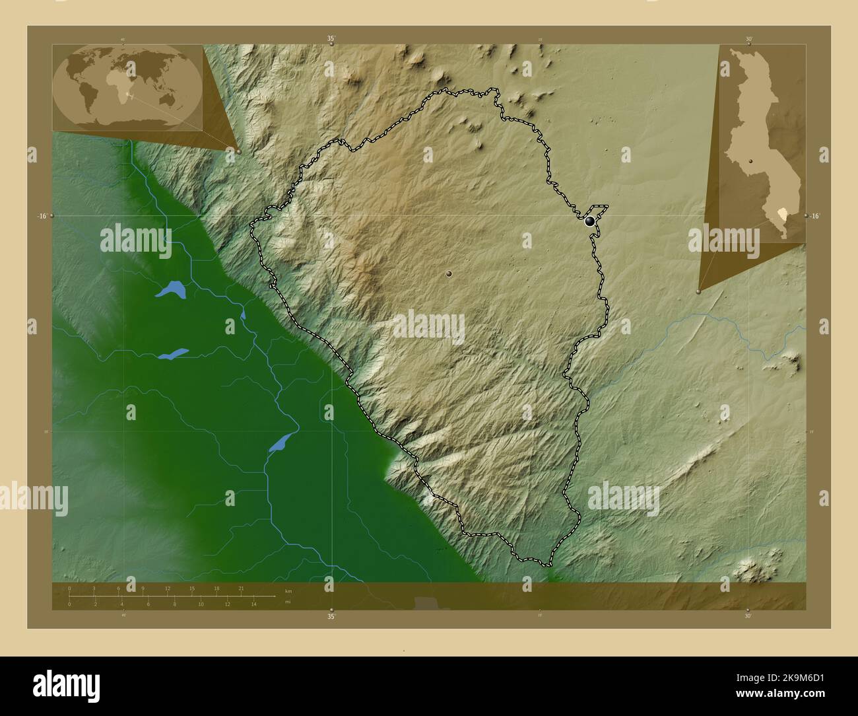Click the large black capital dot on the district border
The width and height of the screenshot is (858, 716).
coord(589,221)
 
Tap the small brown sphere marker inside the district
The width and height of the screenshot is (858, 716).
coord(449,273)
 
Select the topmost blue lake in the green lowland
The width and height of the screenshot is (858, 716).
coord(171,289)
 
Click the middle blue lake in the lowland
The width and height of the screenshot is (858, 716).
coord(174,354)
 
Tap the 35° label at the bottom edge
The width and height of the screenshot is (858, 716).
coord(331,616)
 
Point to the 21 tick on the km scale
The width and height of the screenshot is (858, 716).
coord(241,589)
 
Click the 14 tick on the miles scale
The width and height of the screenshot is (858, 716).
coord(253,604)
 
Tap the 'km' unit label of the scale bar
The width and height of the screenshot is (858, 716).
coord(288,591)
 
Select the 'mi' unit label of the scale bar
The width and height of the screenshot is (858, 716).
coord(287,602)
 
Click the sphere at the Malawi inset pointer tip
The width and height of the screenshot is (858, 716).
coord(698,291)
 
